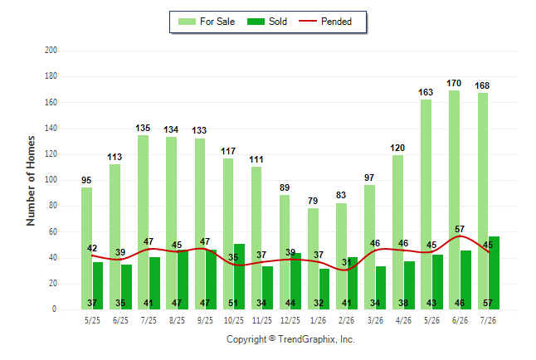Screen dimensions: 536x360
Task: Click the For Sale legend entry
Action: click(x=207, y=22)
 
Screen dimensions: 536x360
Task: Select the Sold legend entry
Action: click(x=267, y=22)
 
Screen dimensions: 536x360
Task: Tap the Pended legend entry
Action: click(x=325, y=22)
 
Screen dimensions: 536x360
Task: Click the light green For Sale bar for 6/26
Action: click(x=455, y=200)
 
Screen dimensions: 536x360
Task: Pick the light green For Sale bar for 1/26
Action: click(x=313, y=259)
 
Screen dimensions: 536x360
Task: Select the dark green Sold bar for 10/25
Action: click(x=239, y=276)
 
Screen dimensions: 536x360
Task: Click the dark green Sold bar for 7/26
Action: click(x=494, y=273)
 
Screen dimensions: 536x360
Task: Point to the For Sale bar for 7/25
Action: click(x=144, y=222)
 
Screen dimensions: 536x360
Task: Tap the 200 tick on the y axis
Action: click(x=51, y=51)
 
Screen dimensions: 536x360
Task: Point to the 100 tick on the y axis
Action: click(x=51, y=180)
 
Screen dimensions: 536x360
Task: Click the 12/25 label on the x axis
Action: click(x=290, y=320)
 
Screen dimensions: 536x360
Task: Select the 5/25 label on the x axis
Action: click(x=92, y=320)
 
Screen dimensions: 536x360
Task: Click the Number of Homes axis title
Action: click(x=31, y=181)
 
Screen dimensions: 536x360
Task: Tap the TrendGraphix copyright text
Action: click(x=290, y=339)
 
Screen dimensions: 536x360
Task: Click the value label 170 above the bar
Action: click(x=454, y=83)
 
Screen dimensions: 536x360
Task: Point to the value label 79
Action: click(x=313, y=201)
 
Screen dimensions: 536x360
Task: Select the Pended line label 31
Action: click(x=346, y=262)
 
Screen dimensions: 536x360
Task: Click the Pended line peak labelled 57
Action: click(x=460, y=236)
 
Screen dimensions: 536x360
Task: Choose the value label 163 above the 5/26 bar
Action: click(x=426, y=92)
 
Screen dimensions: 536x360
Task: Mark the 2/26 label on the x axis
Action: click(x=346, y=320)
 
